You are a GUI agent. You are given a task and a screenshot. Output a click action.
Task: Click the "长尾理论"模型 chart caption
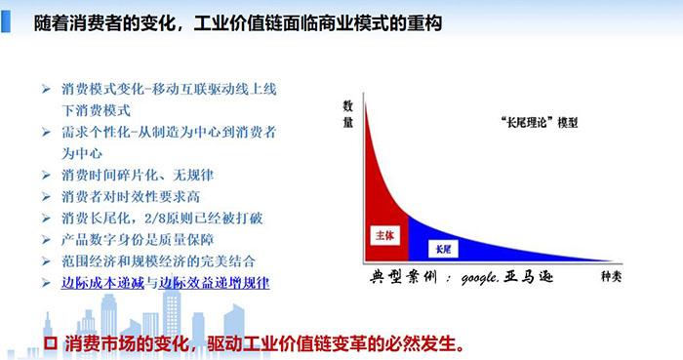coord(537,123)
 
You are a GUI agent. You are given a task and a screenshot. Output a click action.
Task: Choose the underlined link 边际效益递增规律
coord(215,282)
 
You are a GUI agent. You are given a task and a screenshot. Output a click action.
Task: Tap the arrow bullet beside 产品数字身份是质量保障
coord(46,239)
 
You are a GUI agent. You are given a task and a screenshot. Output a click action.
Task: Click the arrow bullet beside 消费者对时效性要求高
coord(46,196)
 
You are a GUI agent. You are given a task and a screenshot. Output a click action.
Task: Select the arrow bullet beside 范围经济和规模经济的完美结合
coord(46,260)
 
